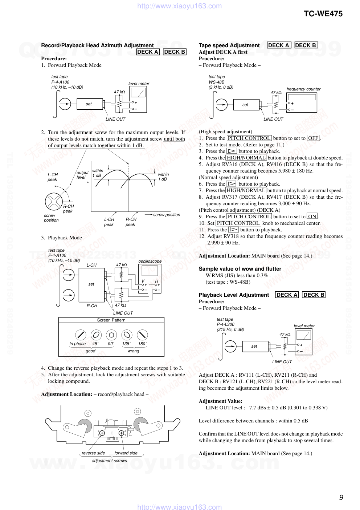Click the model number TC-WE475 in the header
tap(323, 14)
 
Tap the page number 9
tap(341, 497)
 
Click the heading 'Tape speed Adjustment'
tap(229, 45)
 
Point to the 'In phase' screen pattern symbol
tap(80, 335)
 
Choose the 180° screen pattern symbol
tap(142, 335)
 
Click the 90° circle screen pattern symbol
tap(111, 335)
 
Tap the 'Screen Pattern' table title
tap(111, 320)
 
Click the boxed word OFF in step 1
tap(313, 138)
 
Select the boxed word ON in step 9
tap(312, 216)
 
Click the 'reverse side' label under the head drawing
tap(93, 453)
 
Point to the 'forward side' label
tap(126, 453)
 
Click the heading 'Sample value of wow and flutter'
tap(240, 269)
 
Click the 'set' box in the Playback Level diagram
tap(254, 346)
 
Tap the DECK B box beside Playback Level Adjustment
tap(314, 295)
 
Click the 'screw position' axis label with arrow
tap(166, 215)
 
